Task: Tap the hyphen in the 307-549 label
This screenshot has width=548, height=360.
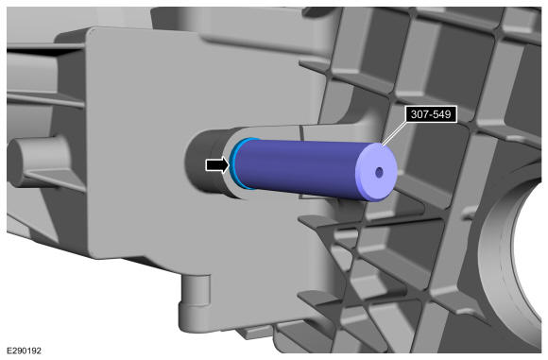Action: (430, 115)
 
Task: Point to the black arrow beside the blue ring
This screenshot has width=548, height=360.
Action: (217, 164)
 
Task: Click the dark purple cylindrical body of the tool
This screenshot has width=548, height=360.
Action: (297, 168)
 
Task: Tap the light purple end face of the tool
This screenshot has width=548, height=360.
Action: (377, 172)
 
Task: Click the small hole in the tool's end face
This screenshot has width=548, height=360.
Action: (379, 172)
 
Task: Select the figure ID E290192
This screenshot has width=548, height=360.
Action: (25, 351)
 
